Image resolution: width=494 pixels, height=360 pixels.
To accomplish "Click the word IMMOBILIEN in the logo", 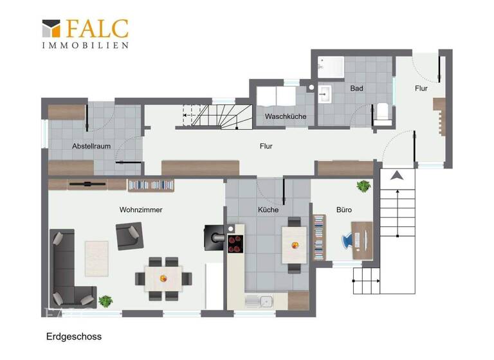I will pos(85,45).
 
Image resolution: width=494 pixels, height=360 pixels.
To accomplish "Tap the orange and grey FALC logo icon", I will pos(51,29).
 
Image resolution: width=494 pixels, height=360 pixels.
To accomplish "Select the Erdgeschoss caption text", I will pos(73,336).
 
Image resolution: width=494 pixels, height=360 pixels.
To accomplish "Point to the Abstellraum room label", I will pos(91,146).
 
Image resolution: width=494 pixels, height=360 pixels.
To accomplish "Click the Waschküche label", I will pos(286,116).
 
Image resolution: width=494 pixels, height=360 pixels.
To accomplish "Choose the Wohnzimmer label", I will pos(140,210).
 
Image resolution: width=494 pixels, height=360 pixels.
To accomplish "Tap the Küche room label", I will pos(268,210).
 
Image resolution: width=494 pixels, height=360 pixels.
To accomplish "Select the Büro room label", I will pos(344,210).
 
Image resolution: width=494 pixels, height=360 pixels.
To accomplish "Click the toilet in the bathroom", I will pos(383,113).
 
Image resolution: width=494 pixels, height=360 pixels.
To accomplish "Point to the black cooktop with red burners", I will pos(235,244).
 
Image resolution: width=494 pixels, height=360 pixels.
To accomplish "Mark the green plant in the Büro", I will pos(363,186).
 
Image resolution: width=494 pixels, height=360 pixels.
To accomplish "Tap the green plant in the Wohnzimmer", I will pos(105,300).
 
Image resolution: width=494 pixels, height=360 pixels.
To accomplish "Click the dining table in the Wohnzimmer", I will pos(163,278).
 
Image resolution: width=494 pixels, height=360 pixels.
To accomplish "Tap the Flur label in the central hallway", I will pos(266,146).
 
